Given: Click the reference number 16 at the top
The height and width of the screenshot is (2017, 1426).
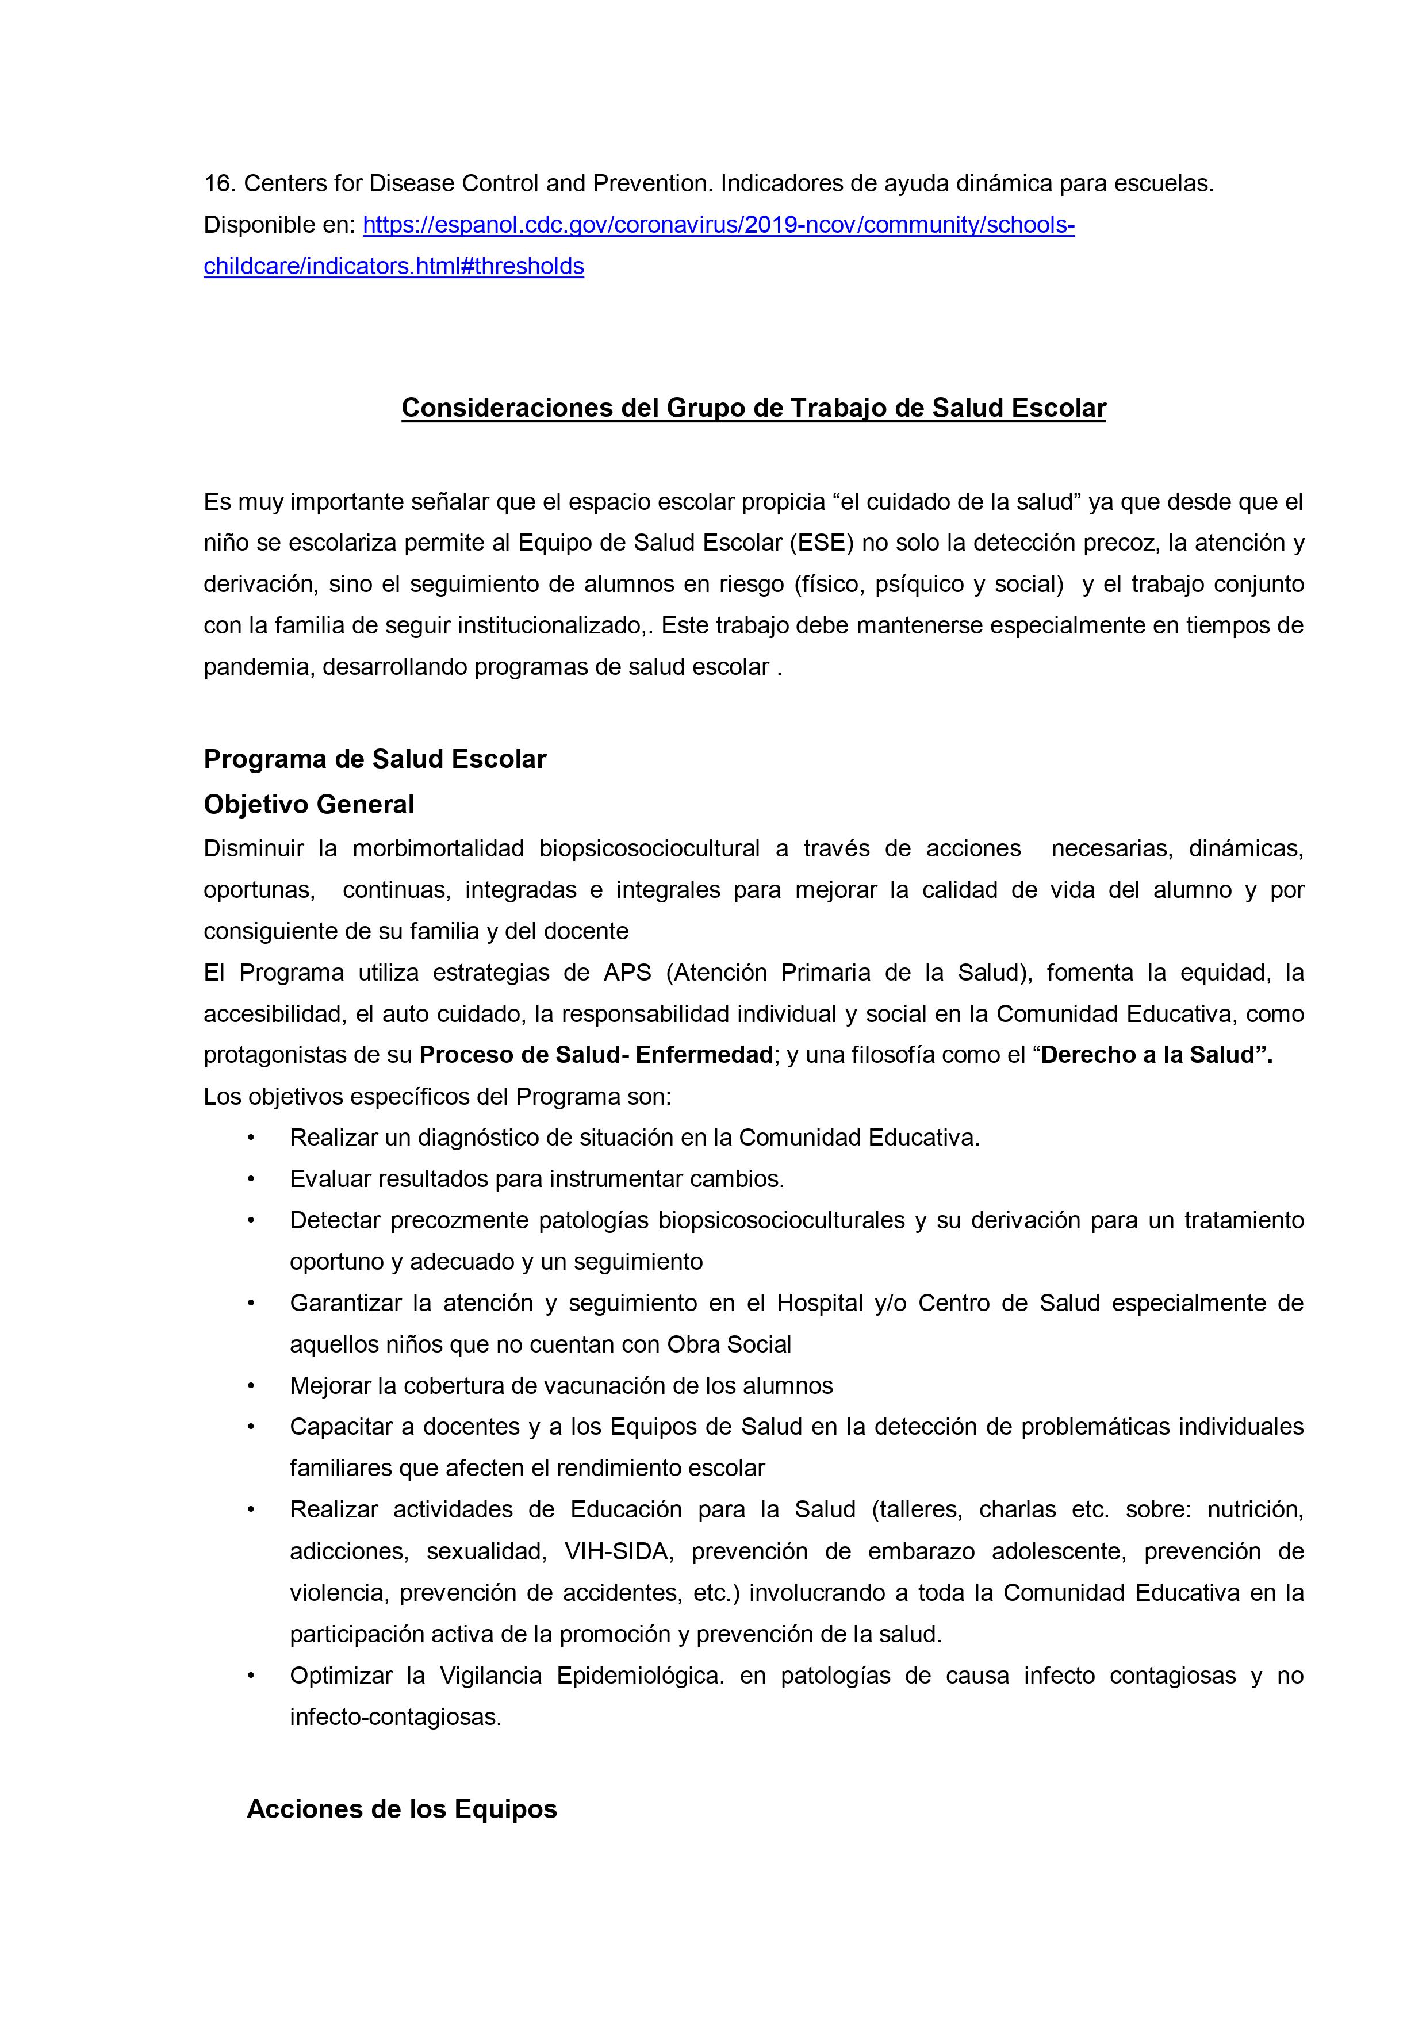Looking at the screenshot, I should coord(218,185).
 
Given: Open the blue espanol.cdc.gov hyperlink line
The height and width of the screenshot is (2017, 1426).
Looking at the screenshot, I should coord(718,226).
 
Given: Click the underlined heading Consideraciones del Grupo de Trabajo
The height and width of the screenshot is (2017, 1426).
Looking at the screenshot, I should coord(753,409).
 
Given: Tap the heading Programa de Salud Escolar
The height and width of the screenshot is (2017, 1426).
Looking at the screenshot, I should coord(374,759).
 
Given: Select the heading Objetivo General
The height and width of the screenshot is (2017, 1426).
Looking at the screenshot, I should coord(308,805).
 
